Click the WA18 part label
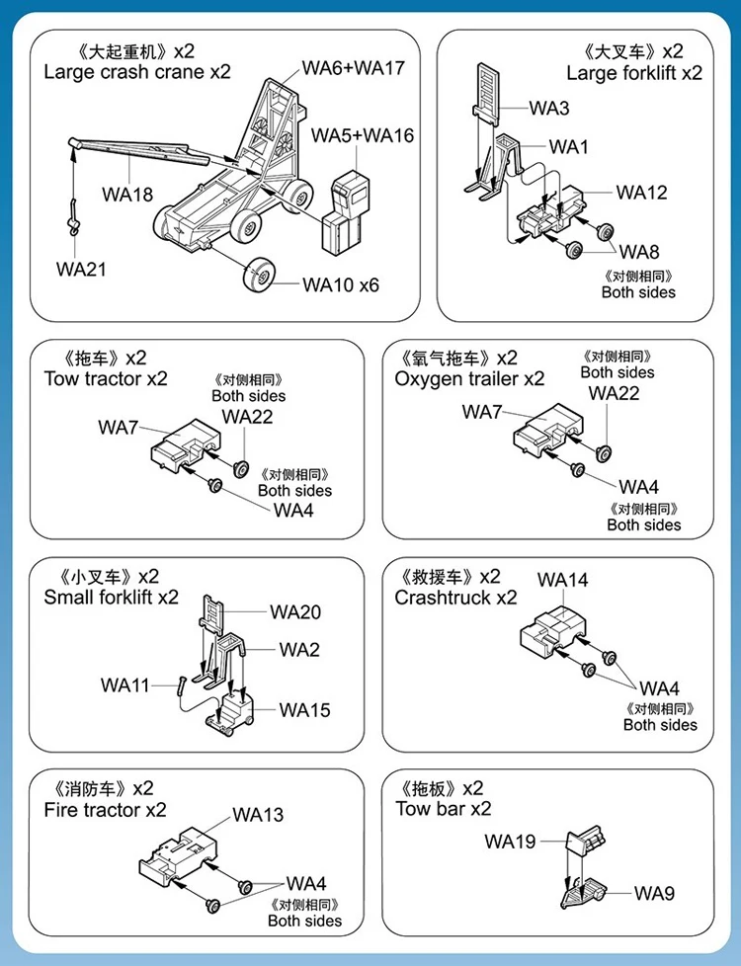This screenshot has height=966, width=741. tap(127, 194)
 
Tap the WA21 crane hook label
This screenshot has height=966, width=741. tap(81, 269)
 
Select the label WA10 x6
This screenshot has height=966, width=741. tap(341, 284)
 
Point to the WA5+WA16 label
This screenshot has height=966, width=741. tap(363, 135)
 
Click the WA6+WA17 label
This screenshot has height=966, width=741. tap(353, 68)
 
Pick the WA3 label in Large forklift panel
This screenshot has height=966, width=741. tap(549, 108)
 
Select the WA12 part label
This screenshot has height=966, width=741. tap(642, 193)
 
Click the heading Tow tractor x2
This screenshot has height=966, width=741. tap(106, 378)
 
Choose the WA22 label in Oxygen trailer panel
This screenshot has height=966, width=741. tap(614, 393)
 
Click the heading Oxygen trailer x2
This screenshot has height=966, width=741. tap(469, 378)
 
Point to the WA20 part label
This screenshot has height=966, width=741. tap(295, 611)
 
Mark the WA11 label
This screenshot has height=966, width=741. tap(124, 684)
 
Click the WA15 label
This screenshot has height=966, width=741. tap(304, 709)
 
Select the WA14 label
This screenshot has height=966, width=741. tap(563, 580)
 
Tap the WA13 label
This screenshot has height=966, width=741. tap(258, 815)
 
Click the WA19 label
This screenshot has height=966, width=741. tap(510, 842)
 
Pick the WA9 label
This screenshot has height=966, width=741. tap(655, 893)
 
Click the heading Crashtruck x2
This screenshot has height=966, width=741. tap(455, 598)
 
